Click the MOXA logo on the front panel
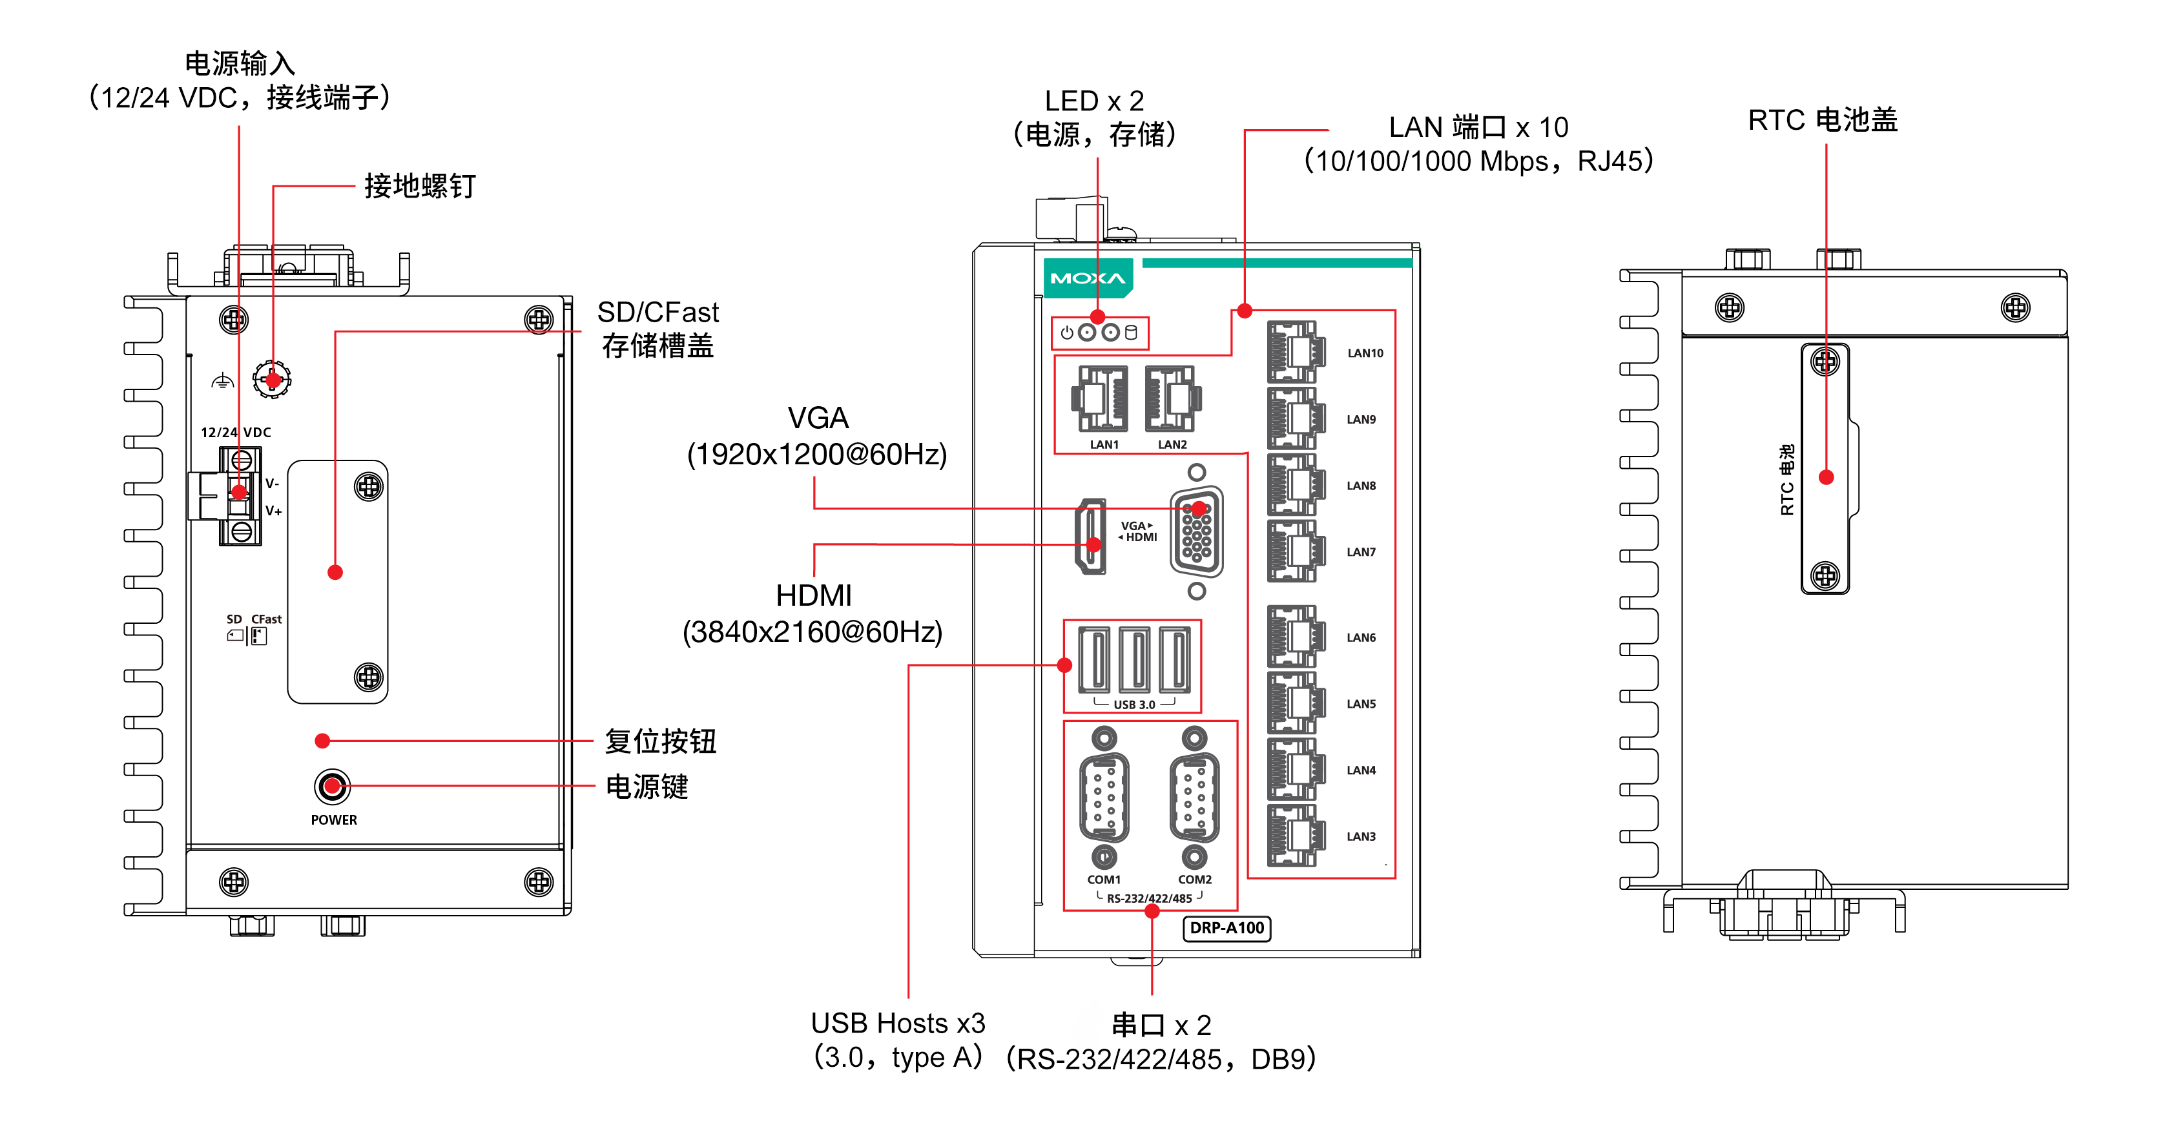coord(1088,278)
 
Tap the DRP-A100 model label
coord(1226,928)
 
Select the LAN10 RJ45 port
coord(1296,352)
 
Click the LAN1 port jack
coord(1099,399)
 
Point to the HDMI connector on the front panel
coord(1091,537)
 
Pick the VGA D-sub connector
coord(1197,531)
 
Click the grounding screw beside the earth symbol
coord(272,380)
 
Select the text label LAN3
coord(1361,836)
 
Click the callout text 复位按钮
coord(660,741)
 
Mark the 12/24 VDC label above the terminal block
coord(236,433)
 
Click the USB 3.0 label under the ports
coord(1134,705)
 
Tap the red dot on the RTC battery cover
coord(1827,477)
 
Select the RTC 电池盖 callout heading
coord(1822,120)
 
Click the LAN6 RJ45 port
coord(1296,637)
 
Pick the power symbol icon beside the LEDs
coord(1066,333)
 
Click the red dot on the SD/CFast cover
coord(335,573)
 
